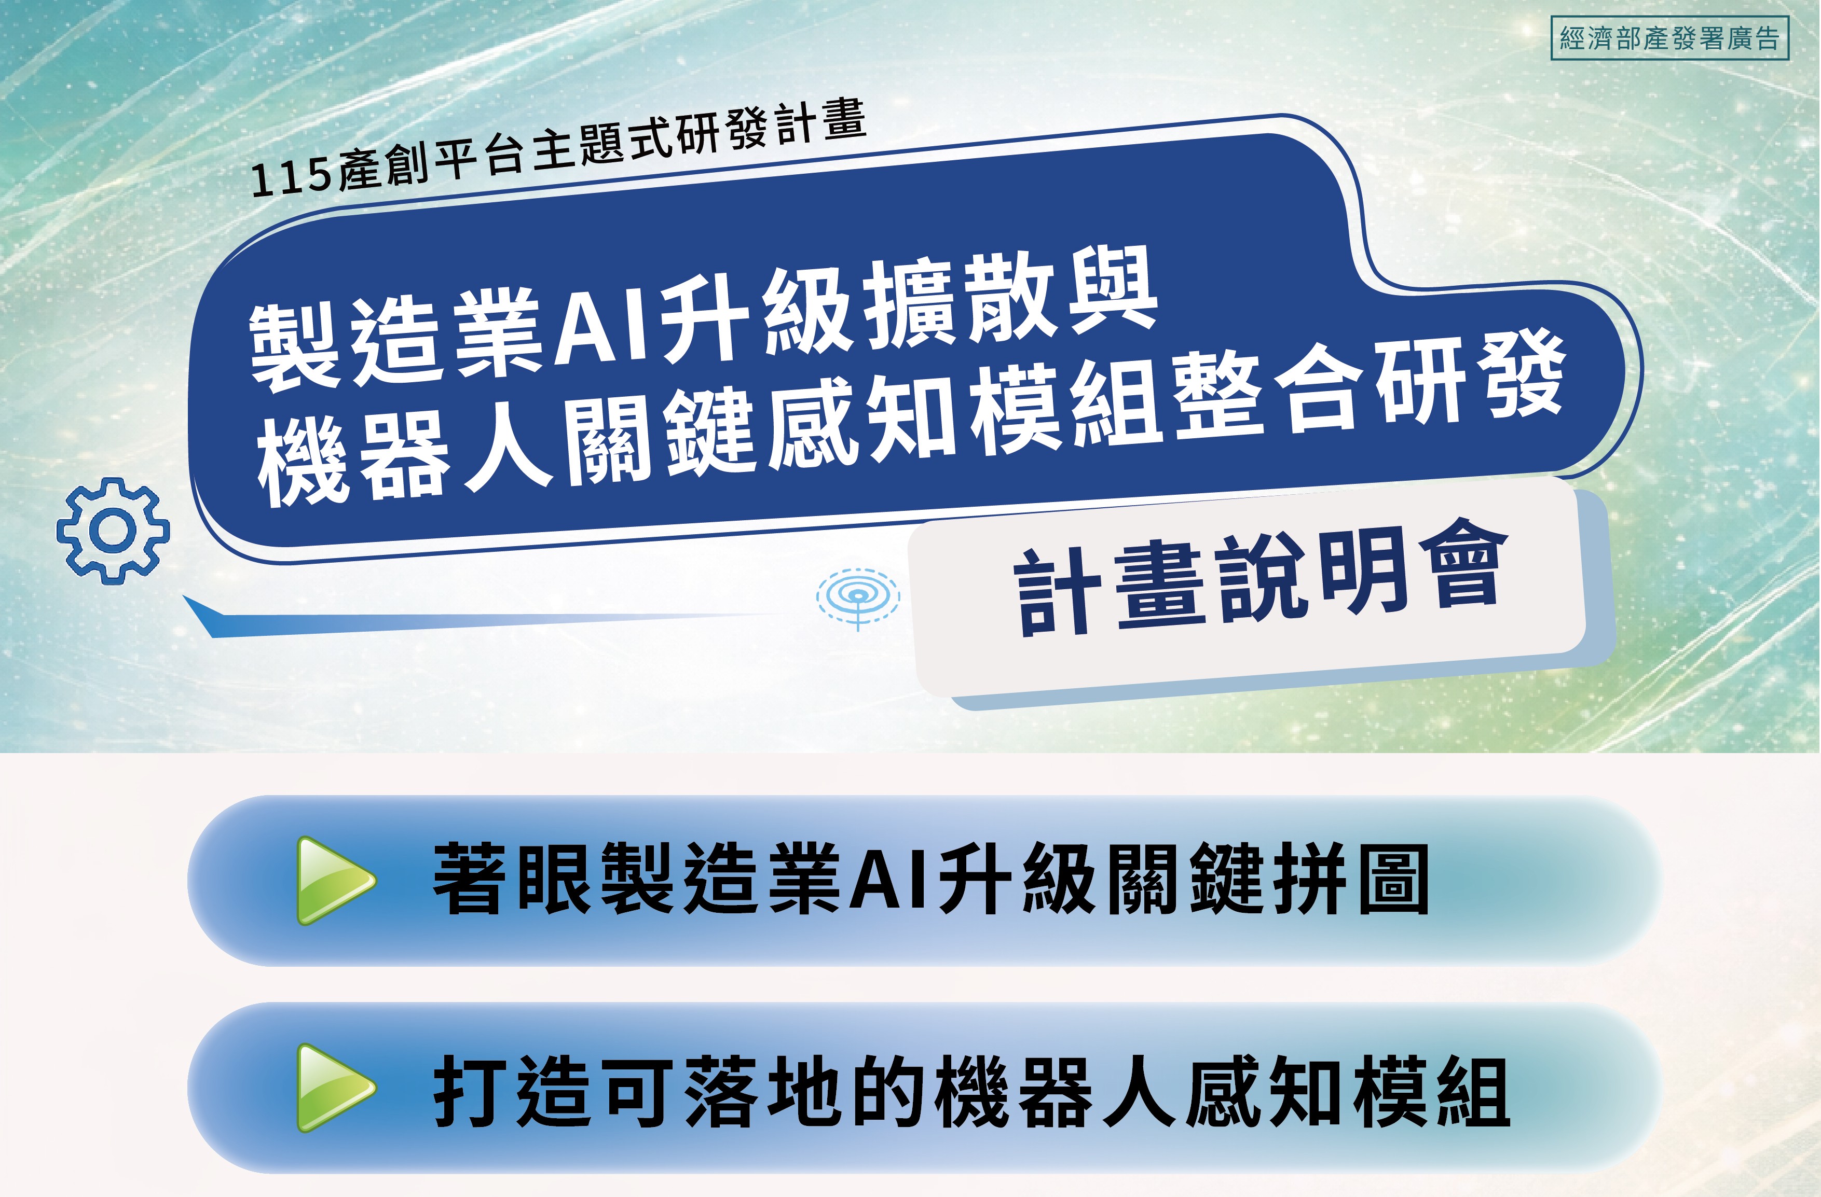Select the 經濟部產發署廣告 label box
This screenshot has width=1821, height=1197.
[1669, 38]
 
